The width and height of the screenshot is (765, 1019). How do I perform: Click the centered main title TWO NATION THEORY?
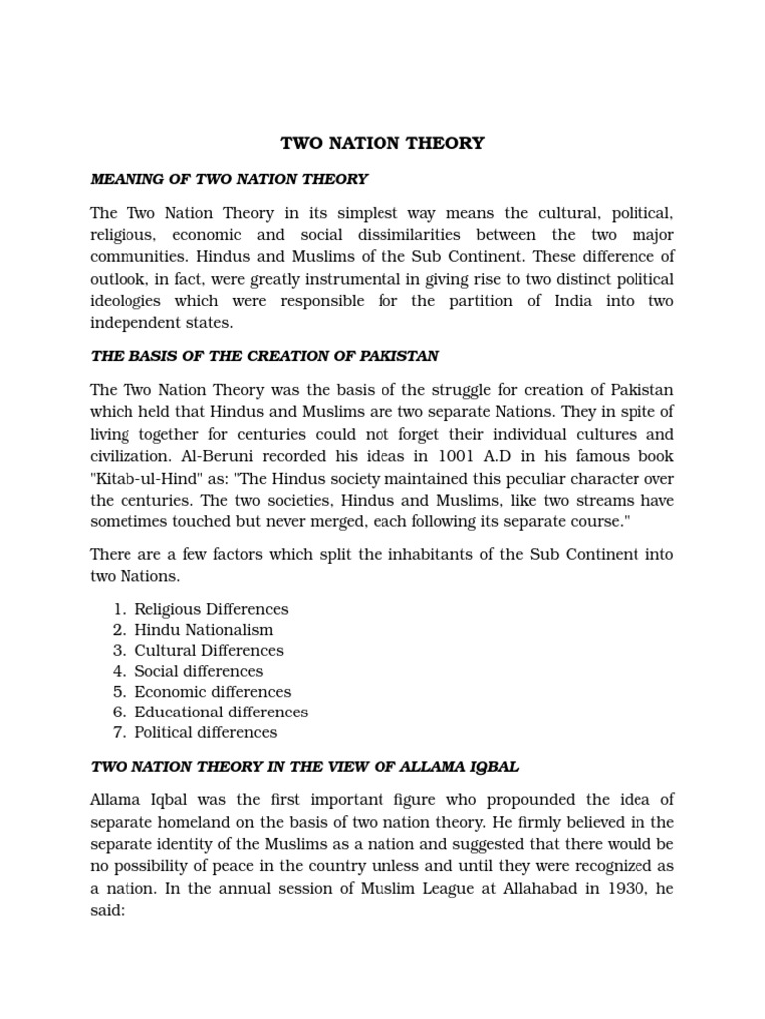382,143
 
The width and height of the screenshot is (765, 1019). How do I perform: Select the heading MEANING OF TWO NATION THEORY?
228,179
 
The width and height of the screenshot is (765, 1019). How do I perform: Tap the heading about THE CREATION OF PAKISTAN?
264,356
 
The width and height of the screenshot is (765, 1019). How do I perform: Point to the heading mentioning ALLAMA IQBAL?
304,767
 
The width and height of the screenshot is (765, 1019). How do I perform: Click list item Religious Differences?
211,609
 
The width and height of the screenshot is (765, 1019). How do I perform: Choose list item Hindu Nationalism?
203,630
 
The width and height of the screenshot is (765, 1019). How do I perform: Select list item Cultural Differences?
209,651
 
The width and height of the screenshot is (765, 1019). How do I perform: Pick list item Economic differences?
212,692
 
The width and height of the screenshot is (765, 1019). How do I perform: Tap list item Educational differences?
221,713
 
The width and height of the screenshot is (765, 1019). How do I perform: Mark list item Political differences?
205,733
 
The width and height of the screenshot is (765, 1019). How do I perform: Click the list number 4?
119,672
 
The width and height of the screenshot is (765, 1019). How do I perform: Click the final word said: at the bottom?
107,908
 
